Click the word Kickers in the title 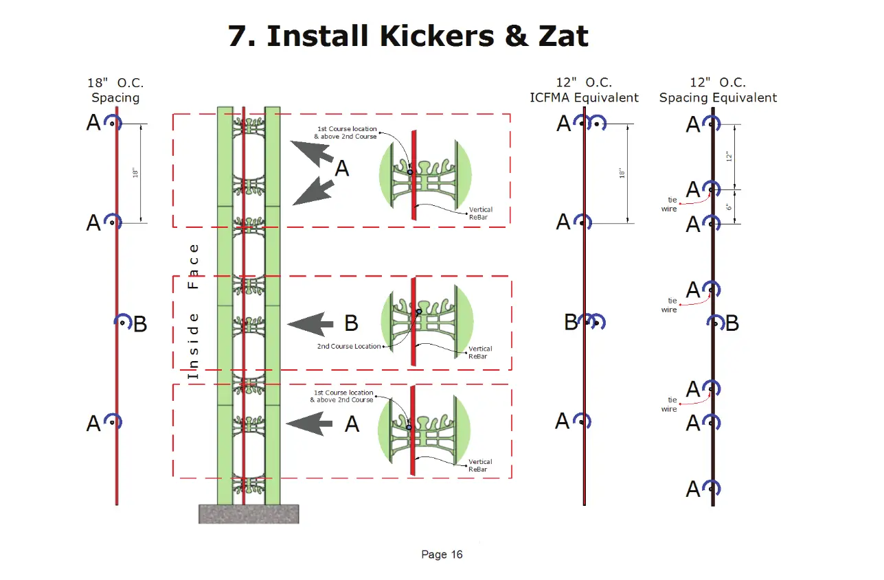click(437, 36)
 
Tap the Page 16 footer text click(442, 555)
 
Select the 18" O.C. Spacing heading click(115, 91)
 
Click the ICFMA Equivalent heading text click(584, 97)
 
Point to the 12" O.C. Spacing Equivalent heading click(718, 91)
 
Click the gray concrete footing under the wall click(249, 513)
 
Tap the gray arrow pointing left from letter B click(310, 324)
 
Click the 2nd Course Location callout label click(349, 346)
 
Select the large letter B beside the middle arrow click(351, 323)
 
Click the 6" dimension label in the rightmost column click(729, 207)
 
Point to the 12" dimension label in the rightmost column click(729, 156)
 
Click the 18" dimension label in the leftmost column click(135, 173)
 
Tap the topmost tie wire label click(669, 205)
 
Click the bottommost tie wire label click(669, 404)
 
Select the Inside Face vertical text click(193, 312)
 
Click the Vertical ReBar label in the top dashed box click(480, 213)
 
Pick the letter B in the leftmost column click(140, 324)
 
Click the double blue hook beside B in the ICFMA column click(592, 321)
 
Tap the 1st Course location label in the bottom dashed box click(342, 396)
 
